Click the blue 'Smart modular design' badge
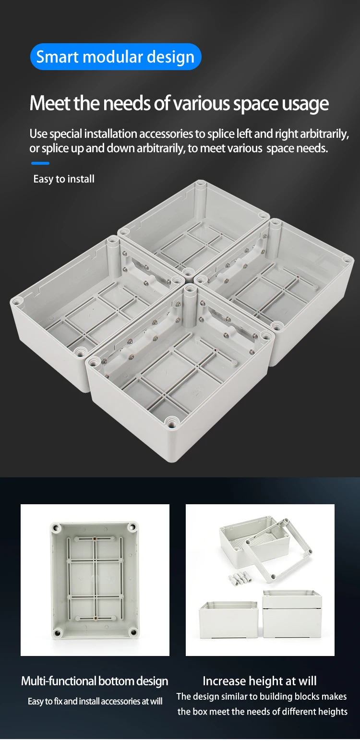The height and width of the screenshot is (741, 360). click(115, 57)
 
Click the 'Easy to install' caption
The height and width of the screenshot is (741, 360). click(64, 179)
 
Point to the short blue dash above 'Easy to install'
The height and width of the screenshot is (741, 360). click(40, 163)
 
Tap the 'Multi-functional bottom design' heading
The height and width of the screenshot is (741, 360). click(95, 681)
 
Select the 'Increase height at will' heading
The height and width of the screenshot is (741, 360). click(260, 681)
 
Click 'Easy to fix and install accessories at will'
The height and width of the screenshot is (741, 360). click(95, 701)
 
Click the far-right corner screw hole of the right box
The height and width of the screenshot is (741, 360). click(346, 260)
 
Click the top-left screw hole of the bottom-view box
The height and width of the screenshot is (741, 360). click(57, 528)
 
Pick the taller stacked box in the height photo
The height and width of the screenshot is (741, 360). click(292, 613)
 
